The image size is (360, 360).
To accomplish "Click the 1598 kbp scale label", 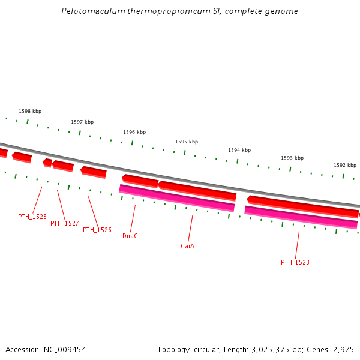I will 30,111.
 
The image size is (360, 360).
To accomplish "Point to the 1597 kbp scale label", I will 82,122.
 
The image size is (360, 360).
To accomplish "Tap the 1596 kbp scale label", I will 134,132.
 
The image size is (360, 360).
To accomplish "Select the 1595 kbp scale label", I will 187,142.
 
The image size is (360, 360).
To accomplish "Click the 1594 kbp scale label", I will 239,150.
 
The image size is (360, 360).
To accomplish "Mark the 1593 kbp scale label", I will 292,158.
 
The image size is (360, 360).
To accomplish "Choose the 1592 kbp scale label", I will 345,165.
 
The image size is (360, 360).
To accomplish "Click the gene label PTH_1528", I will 32,217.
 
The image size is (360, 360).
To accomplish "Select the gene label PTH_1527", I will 65,223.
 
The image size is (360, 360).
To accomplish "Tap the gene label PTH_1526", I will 97,230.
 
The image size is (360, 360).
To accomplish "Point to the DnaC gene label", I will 130,236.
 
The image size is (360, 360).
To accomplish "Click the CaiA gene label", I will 188,246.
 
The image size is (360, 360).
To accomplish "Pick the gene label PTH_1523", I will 295,262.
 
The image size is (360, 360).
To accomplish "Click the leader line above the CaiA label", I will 191,228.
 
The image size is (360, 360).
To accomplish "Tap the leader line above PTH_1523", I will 298,244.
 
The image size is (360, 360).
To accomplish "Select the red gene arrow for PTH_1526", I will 94,172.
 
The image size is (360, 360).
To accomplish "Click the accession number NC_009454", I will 64,349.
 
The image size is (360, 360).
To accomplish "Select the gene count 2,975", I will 343,349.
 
